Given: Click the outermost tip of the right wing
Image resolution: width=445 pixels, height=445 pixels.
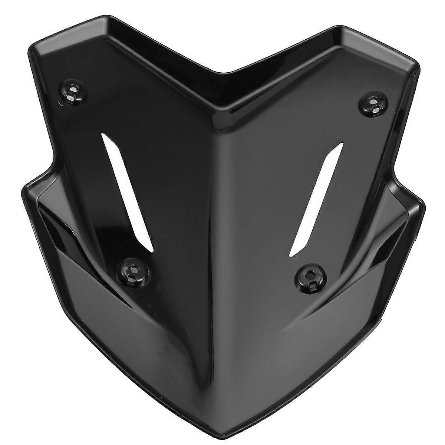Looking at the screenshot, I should coord(424,202).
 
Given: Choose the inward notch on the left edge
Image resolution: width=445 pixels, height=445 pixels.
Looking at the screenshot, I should coord(56,163).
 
